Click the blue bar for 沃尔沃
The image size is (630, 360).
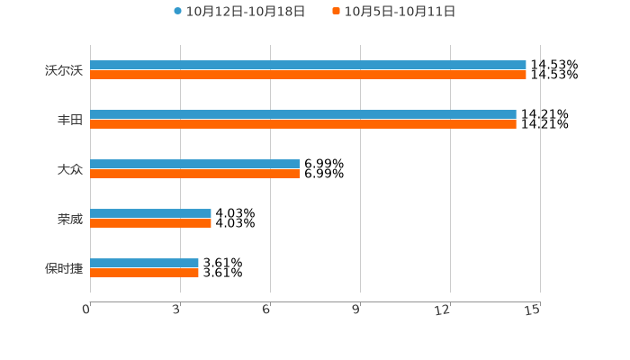(x=308, y=65)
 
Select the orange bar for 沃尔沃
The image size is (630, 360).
(x=308, y=75)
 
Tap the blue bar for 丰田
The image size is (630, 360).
(x=303, y=114)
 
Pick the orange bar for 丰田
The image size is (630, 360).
(x=303, y=124)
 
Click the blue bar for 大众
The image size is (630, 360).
(x=194, y=164)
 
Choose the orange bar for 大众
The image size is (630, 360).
(x=194, y=174)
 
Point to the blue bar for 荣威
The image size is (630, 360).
(x=150, y=213)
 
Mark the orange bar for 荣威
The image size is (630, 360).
(x=150, y=223)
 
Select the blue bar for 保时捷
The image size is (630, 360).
(x=144, y=263)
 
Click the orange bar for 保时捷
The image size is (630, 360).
(x=144, y=273)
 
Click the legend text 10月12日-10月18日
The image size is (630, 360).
(x=246, y=12)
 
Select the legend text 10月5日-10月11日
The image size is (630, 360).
(x=400, y=12)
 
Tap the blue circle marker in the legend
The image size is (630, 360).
(x=178, y=12)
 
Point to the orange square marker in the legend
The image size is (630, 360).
(x=337, y=12)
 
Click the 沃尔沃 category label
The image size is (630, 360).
(x=64, y=70)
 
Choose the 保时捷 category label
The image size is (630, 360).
(x=64, y=268)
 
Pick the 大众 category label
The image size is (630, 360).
(x=70, y=169)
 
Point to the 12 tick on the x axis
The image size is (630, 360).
(x=443, y=310)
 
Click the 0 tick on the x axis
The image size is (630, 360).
(x=86, y=310)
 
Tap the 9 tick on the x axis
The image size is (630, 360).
(x=356, y=310)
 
